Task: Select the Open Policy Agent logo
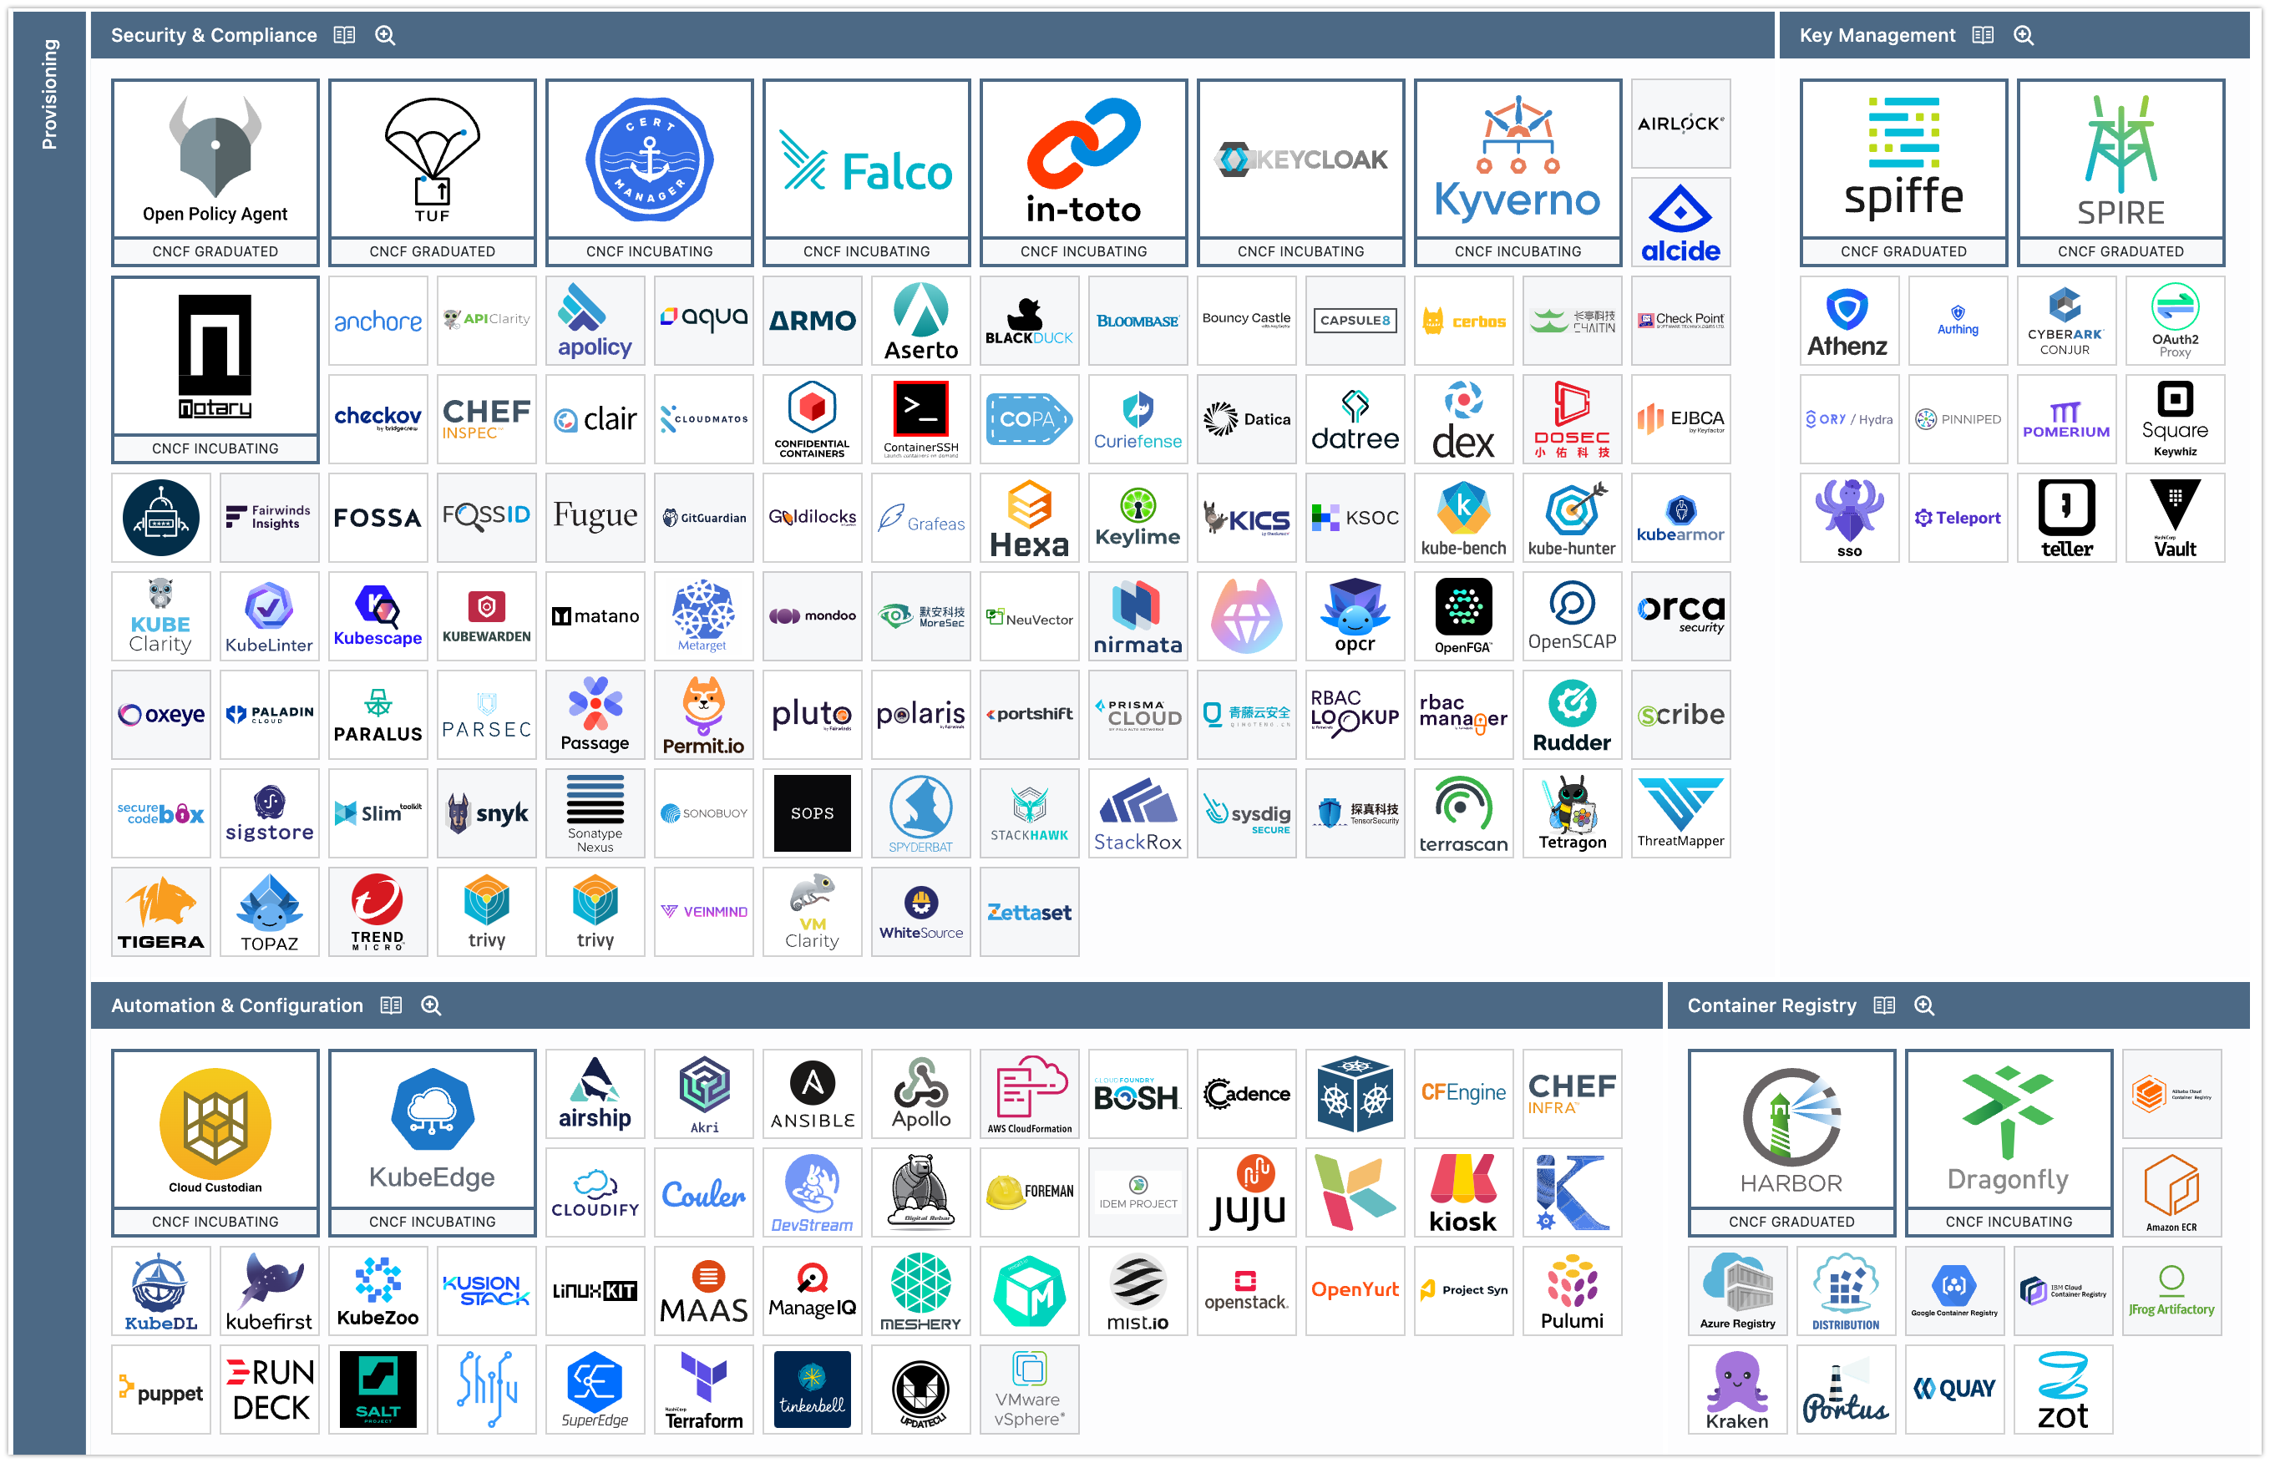(x=215, y=159)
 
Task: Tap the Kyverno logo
(x=1518, y=159)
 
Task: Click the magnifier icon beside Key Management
(x=2024, y=36)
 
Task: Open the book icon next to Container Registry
(x=1884, y=1006)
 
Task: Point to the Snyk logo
(x=487, y=813)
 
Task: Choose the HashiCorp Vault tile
(x=2174, y=519)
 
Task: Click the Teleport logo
(x=1958, y=519)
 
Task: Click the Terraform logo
(x=704, y=1390)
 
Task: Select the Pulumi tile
(x=1572, y=1292)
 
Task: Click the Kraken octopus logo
(x=1737, y=1390)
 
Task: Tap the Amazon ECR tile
(x=2171, y=1193)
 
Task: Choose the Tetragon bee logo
(x=1572, y=813)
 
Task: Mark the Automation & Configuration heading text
(x=236, y=1006)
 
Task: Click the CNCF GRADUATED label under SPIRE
(x=2120, y=251)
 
